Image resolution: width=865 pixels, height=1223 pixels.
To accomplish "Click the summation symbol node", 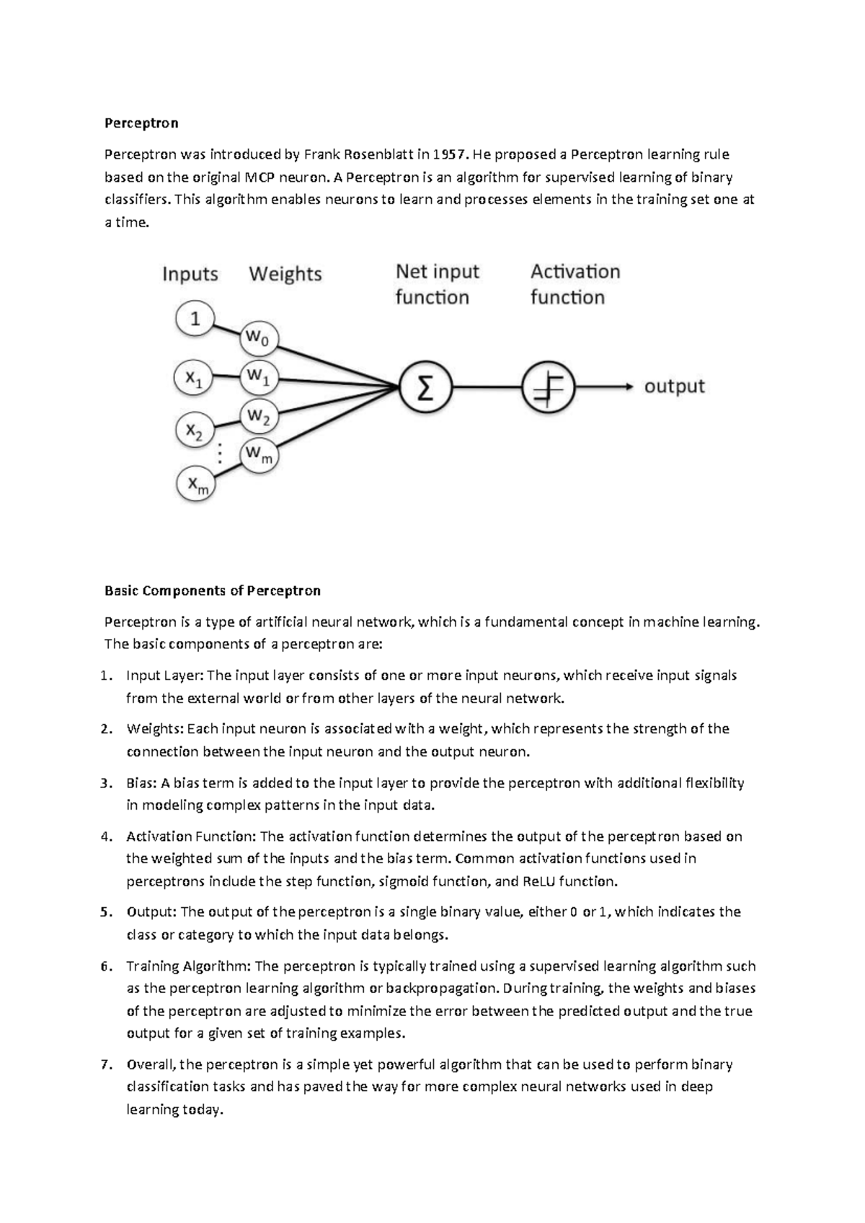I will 425,388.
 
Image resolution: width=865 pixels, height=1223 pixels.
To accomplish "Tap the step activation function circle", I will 548,388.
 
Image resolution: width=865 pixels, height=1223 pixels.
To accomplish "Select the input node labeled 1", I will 195,318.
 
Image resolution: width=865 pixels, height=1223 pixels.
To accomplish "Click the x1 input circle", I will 194,377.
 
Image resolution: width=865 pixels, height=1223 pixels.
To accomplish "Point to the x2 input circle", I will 195,431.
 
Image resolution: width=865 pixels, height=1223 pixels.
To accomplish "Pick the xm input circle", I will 196,485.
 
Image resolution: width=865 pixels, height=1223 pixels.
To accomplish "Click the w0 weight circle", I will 259,337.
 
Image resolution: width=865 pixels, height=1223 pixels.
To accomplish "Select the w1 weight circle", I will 259,376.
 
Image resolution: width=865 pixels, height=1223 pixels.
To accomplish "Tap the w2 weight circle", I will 259,416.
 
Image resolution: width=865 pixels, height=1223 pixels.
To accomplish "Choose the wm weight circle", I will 259,454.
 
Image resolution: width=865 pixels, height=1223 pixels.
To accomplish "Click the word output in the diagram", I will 674,387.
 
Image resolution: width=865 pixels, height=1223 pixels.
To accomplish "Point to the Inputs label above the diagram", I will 190,274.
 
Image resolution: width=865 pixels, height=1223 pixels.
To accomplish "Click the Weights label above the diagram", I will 285,274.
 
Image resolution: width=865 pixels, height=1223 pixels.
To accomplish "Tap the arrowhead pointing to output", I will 629,387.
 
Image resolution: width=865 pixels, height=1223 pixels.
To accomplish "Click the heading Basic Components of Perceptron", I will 213,591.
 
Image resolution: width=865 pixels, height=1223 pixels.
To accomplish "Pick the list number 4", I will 106,836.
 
